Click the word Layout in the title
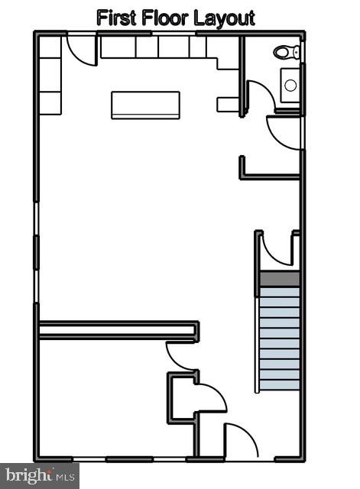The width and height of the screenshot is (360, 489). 224,18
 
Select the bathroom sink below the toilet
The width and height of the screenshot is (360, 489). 290,85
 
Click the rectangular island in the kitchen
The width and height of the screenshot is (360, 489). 145,105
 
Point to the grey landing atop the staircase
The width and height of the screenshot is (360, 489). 279,280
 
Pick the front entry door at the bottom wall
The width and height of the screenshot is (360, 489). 241,442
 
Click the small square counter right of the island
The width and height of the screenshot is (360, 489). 228,105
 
